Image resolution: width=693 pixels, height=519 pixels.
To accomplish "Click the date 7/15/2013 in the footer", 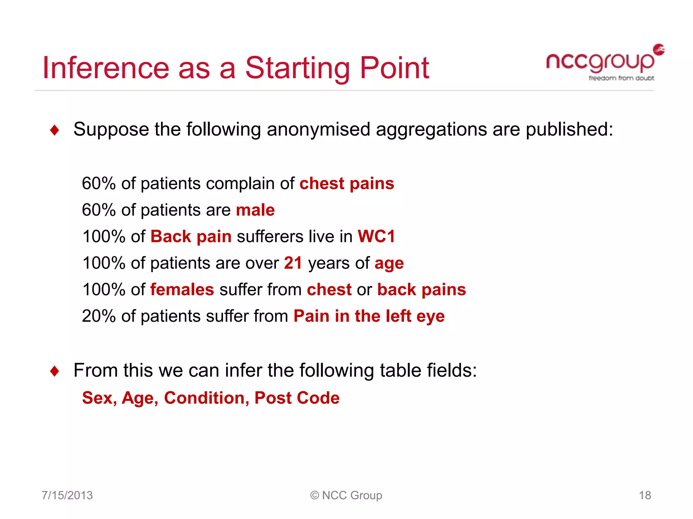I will [x=67, y=495].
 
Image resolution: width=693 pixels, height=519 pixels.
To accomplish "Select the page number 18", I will [x=645, y=495].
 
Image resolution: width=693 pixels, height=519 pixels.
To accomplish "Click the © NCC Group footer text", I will [x=346, y=495].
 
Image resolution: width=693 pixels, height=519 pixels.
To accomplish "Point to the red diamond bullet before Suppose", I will [x=54, y=130].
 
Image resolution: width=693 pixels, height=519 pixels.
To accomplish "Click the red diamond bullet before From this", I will [x=54, y=371].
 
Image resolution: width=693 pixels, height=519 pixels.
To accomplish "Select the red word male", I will [x=255, y=210].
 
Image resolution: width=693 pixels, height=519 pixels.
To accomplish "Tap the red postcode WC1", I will [x=376, y=237].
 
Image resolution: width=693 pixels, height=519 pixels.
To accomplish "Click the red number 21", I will [x=293, y=263].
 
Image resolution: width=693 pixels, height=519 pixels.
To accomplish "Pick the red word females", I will [x=182, y=290].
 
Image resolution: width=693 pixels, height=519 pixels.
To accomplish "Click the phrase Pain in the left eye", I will [x=369, y=316].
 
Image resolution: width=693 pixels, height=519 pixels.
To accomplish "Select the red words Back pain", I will [x=191, y=237].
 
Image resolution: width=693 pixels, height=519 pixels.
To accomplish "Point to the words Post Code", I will [x=297, y=398].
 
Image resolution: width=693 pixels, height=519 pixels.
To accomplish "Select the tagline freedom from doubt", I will [x=621, y=78].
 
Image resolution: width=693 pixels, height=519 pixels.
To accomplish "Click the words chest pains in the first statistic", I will [x=346, y=184].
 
